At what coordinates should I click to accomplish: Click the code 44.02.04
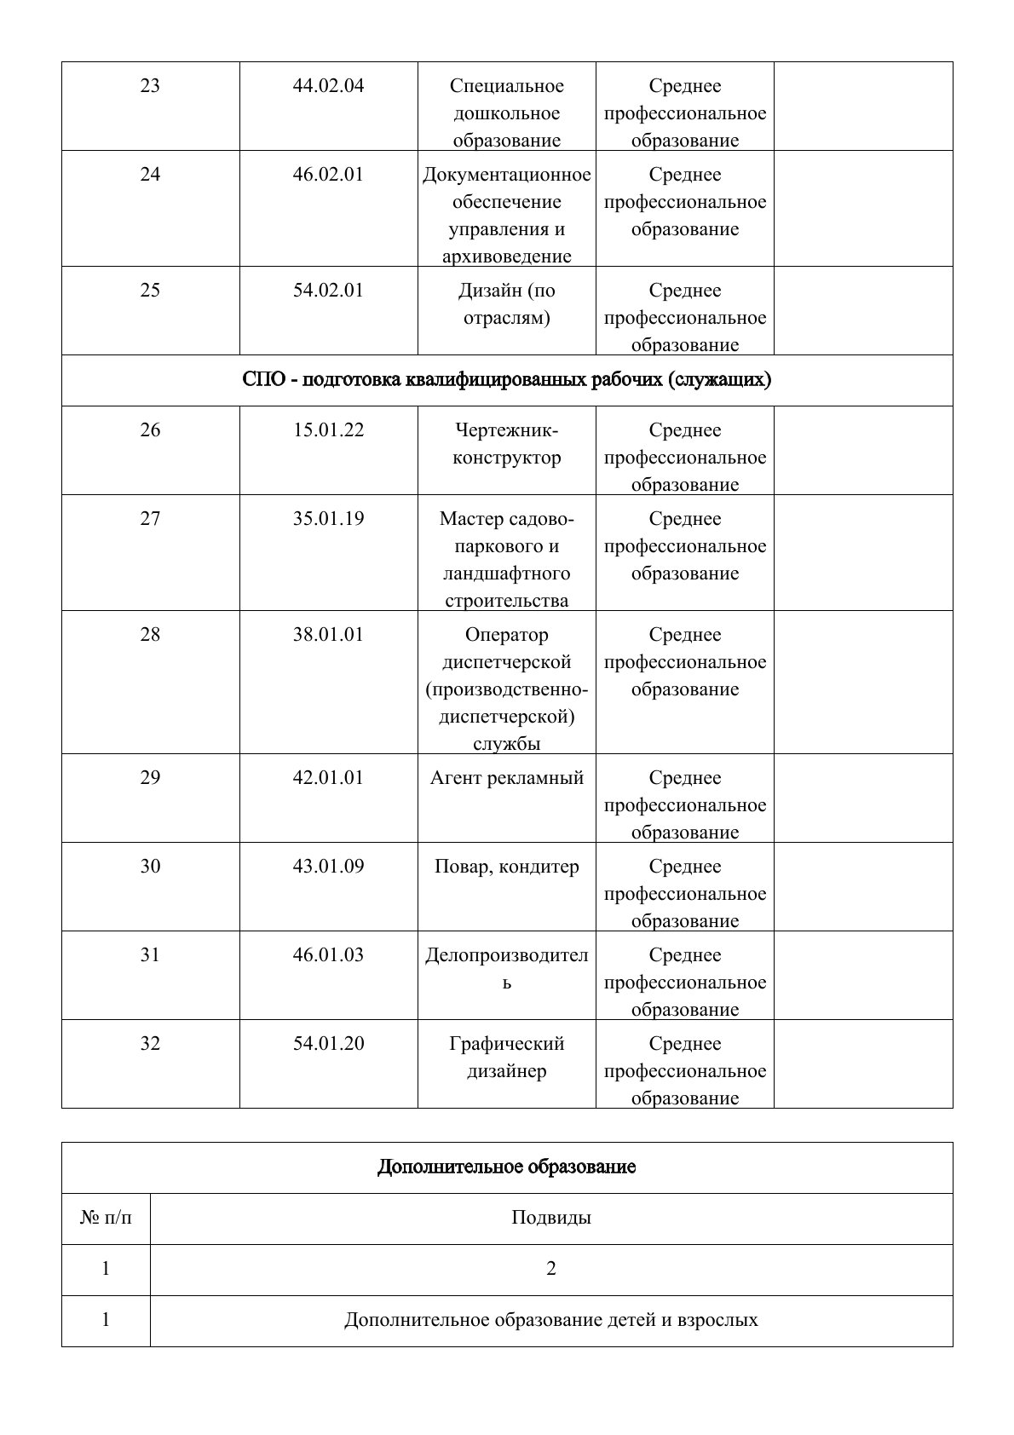coord(328,86)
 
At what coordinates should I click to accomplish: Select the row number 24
coord(150,175)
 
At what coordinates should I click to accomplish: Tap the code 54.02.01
coord(328,291)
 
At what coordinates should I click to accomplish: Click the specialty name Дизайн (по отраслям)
coord(506,304)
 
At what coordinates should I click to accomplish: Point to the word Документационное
coord(506,175)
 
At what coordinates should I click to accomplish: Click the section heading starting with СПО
coord(506,380)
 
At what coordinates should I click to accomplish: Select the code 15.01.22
coord(328,430)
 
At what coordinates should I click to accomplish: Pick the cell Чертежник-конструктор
coord(506,444)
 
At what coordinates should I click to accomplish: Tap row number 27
coord(150,519)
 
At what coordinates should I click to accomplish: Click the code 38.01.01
coord(328,635)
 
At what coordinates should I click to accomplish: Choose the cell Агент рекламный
coord(506,778)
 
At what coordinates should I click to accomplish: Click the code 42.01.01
coord(328,778)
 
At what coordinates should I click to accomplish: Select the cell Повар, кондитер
coord(506,867)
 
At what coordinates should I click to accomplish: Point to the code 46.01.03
coord(328,955)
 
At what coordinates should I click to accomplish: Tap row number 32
coord(150,1044)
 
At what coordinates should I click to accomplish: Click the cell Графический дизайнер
coord(506,1058)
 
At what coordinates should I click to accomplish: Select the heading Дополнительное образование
coord(506,1167)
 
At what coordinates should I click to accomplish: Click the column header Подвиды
coord(550,1218)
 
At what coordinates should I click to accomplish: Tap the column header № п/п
coord(106,1218)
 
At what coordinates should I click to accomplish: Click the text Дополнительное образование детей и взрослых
coord(550,1320)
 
